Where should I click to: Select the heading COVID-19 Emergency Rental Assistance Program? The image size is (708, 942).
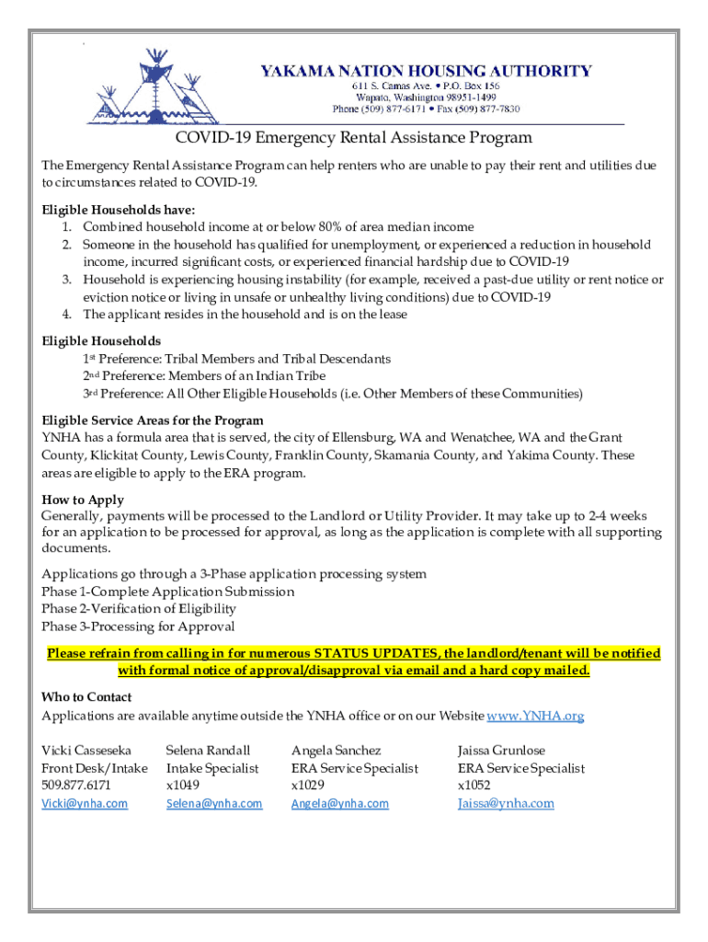coord(354,138)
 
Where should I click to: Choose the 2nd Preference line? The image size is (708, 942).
coord(204,376)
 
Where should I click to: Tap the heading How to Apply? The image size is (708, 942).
coord(83,500)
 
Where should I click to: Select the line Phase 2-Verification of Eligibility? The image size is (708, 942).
coord(139,609)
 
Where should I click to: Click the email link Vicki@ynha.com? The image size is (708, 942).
coord(85,803)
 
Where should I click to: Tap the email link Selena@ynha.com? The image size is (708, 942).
coord(214,803)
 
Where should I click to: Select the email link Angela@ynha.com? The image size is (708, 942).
coord(339,803)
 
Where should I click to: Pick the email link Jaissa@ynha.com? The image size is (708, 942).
coord(506,803)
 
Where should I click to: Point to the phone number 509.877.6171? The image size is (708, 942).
coord(76,785)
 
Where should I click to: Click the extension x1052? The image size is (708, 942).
coord(474,785)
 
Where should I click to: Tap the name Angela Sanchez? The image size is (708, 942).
coord(336,751)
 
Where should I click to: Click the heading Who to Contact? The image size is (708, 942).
coord(86,697)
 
